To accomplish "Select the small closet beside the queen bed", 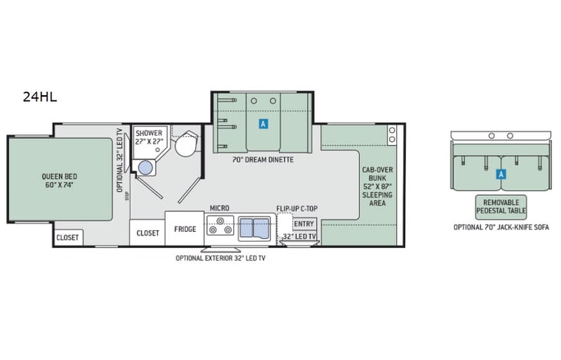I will click(68, 237).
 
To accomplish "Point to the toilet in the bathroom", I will click(185, 145).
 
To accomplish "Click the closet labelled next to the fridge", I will click(147, 233).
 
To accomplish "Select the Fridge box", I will click(184, 230).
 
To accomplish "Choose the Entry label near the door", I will click(305, 224).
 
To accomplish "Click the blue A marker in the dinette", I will click(263, 123).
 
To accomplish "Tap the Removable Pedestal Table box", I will click(501, 206).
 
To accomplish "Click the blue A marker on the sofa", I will click(500, 174).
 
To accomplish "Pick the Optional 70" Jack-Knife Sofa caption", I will click(500, 228).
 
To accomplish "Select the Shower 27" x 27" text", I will click(149, 137).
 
